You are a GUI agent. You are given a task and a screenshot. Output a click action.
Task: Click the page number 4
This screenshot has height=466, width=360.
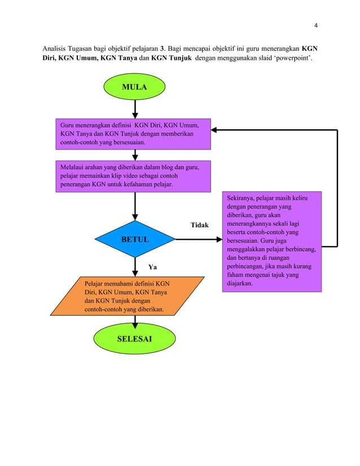point(316,25)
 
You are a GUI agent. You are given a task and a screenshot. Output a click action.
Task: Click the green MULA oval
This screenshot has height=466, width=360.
point(134,87)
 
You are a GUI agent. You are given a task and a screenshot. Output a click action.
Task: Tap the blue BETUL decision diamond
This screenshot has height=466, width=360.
point(135,240)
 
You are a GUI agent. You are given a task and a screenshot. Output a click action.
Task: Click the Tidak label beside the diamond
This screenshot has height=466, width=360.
point(199,225)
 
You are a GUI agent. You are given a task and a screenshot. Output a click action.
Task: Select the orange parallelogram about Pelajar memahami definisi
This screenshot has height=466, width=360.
point(126,295)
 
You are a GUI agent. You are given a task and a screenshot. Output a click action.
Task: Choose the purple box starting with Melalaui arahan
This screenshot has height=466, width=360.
point(133,176)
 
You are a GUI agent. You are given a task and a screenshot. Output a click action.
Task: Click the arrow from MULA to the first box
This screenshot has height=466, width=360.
point(135,109)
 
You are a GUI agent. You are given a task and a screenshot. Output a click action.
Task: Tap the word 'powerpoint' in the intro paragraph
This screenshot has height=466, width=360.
point(293,59)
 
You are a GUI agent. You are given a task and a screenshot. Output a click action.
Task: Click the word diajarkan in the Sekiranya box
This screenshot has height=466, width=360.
point(238,284)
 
